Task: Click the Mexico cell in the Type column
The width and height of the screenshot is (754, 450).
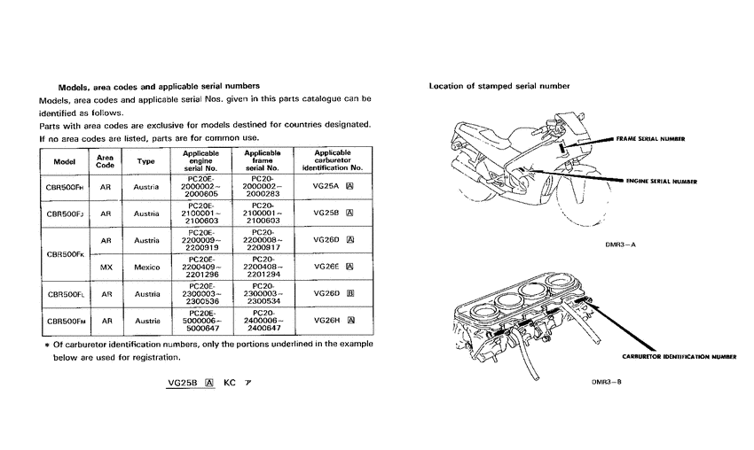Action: (146, 266)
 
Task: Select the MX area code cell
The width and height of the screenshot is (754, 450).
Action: (105, 266)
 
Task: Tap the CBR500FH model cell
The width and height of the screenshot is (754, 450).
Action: (65, 188)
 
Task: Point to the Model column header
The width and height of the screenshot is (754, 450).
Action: (65, 162)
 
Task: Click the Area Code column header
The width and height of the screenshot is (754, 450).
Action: (105, 161)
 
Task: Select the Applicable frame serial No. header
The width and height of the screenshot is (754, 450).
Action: (263, 161)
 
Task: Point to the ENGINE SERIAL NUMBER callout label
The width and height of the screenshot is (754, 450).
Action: (661, 181)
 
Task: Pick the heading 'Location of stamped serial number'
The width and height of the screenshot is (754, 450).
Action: (499, 86)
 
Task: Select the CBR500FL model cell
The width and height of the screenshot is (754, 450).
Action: (65, 293)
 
